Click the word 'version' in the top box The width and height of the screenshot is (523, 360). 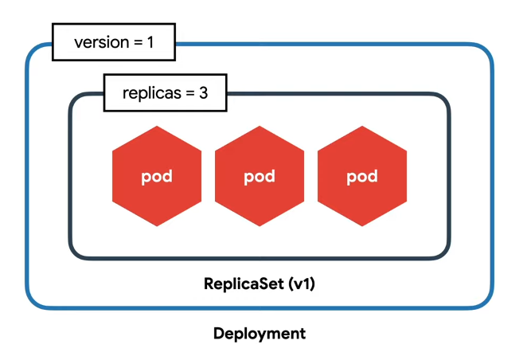coord(102,42)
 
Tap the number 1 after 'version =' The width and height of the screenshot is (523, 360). coord(150,42)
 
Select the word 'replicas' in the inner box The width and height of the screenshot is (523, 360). coord(152,93)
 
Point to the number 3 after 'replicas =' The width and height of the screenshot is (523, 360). coord(204,92)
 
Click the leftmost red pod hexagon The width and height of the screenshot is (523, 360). coord(157,176)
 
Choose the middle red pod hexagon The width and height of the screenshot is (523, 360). coord(260,176)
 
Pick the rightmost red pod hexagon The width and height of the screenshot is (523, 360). coord(362,176)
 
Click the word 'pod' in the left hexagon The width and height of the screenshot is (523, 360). coord(157,177)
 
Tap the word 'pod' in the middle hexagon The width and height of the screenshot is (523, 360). coord(260,177)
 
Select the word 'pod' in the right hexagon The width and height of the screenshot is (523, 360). coord(362,177)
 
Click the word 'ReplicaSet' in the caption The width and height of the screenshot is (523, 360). coord(244,284)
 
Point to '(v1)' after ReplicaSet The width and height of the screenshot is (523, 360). coord(302,284)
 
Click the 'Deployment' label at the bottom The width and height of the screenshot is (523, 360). coord(260,334)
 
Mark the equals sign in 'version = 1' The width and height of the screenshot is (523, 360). coord(138,43)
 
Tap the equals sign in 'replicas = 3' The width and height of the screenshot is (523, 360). coord(190,93)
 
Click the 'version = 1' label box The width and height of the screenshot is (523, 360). coord(114,42)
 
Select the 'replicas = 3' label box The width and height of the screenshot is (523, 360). coord(166,92)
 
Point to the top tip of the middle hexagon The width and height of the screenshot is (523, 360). coord(260,126)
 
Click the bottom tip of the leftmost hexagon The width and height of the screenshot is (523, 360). coord(157,226)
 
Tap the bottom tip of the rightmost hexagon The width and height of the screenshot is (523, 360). coord(362,226)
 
